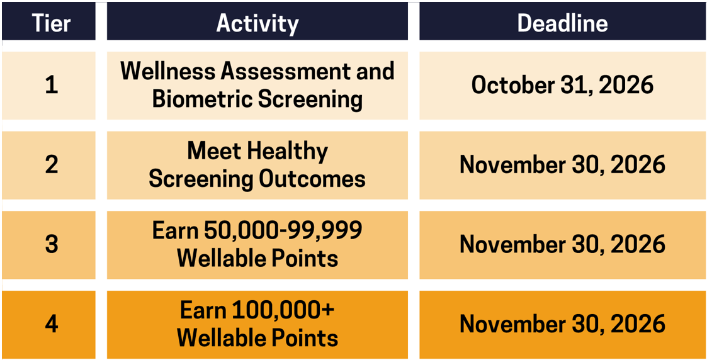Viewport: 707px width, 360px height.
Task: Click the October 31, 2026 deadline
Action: coord(562,86)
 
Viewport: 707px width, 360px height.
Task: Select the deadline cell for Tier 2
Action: coord(562,166)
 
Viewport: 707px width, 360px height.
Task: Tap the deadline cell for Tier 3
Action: coord(562,245)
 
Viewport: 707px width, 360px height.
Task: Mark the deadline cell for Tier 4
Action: coord(562,325)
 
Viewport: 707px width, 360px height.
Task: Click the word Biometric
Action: coord(203,99)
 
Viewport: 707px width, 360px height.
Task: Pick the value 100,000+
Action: coord(282,311)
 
